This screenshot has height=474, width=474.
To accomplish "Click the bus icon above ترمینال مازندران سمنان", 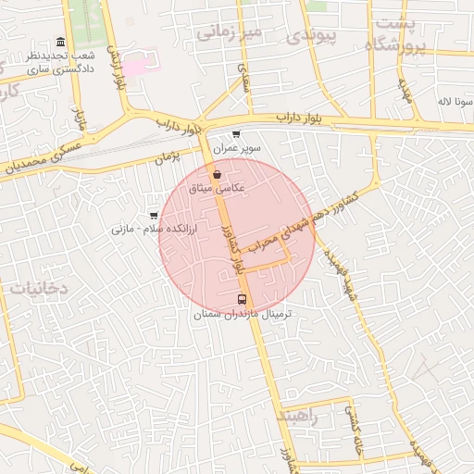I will tap(243, 299).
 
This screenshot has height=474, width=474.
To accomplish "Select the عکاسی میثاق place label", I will tap(217, 188).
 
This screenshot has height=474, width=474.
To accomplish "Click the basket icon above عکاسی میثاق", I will tap(217, 173).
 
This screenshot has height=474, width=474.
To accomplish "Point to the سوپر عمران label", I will tap(237, 148).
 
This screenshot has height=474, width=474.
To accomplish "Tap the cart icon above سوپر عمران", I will tap(237, 134).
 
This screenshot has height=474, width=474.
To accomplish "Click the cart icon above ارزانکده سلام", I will tap(154, 215).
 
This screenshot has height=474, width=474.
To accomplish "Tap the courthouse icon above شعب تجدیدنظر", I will tap(61, 42).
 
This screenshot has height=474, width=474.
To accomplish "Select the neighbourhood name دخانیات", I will tap(39, 288).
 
